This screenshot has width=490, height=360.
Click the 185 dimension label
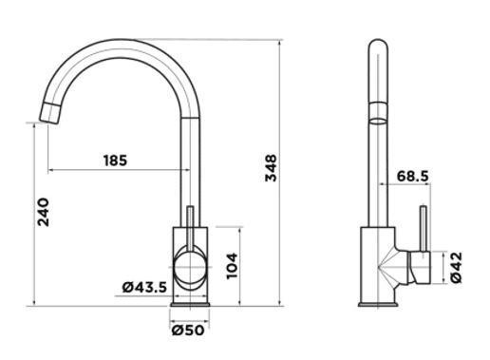[116, 161]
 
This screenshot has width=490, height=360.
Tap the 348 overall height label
[271, 168]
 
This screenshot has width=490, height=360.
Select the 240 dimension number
[44, 212]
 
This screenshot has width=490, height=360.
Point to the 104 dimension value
[232, 266]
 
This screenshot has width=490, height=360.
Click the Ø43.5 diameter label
[144, 287]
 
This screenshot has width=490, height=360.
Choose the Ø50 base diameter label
[188, 331]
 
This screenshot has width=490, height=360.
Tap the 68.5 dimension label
[413, 176]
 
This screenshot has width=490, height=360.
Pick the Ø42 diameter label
[456, 268]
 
